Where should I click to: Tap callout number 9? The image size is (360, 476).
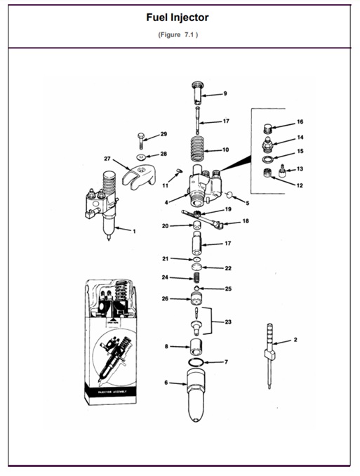[x=225, y=93]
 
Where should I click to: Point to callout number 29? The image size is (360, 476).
[x=164, y=133]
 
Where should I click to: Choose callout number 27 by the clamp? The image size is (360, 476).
[x=107, y=159]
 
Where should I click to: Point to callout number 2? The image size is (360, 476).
[x=295, y=339]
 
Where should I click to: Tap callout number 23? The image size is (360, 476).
[x=227, y=322]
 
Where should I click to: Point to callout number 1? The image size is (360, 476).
[x=134, y=230]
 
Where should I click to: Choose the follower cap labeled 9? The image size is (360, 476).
[x=199, y=89]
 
